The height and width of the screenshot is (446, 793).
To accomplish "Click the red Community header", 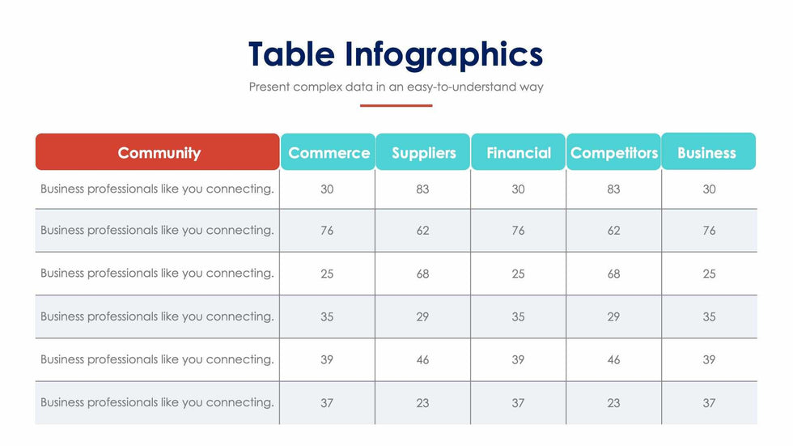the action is click(x=157, y=151).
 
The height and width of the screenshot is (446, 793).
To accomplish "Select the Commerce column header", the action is click(x=329, y=151).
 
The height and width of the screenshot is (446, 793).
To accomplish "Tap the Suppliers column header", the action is click(x=423, y=151).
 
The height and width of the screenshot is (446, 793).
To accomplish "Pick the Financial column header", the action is click(x=519, y=151).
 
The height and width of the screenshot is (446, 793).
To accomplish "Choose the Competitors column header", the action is click(x=613, y=151).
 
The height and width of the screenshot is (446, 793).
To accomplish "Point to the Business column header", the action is click(x=709, y=151).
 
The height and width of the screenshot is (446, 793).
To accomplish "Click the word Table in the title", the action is click(x=292, y=53).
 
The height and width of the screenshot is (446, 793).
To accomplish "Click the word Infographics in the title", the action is click(x=444, y=55).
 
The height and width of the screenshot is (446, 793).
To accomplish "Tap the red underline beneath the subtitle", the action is click(x=396, y=106).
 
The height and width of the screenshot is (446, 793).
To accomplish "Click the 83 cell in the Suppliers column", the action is click(x=422, y=189).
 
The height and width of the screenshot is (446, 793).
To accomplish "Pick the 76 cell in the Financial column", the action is click(x=518, y=231).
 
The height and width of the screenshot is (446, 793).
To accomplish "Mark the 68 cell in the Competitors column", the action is click(x=613, y=274).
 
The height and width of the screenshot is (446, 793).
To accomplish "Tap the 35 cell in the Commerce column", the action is click(x=327, y=316).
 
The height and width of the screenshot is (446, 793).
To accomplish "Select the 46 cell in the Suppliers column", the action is click(x=422, y=359).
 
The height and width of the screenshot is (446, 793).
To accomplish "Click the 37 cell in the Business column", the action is click(x=709, y=403).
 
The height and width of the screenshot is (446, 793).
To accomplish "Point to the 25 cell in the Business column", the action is click(x=709, y=274).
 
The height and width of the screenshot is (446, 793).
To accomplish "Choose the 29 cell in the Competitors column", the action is click(x=613, y=316).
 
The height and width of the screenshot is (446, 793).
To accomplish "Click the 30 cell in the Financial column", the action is click(x=518, y=189).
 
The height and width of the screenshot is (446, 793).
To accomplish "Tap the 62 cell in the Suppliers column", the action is click(x=422, y=231).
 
